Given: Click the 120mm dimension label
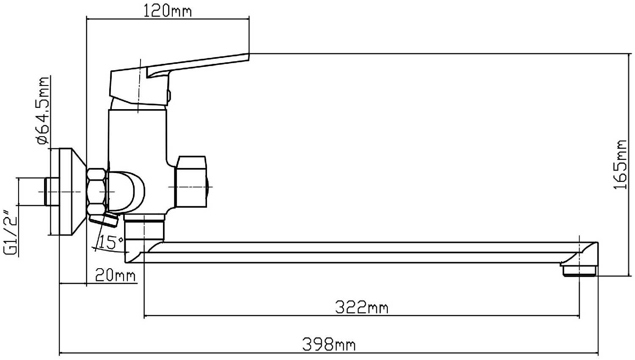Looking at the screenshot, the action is coord(168,11).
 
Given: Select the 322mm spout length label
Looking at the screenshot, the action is coord(362,307).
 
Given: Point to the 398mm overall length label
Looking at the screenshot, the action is coord(329,344).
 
